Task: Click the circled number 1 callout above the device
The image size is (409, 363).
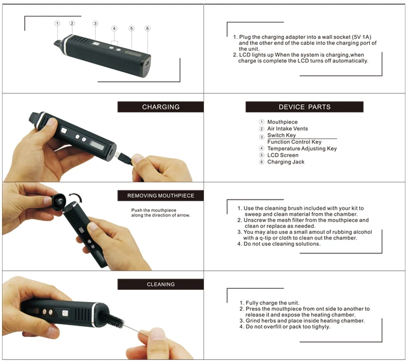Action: click(x=57, y=24)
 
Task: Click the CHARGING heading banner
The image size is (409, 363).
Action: click(x=161, y=107)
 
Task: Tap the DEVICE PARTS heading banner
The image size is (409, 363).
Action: click(x=304, y=107)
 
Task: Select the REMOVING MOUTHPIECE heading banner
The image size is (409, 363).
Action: click(x=161, y=196)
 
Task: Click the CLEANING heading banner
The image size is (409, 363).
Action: click(x=161, y=284)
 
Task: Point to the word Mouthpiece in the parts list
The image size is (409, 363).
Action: click(x=282, y=122)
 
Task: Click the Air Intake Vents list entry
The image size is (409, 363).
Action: click(x=287, y=129)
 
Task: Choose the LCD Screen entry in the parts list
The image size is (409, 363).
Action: click(x=283, y=155)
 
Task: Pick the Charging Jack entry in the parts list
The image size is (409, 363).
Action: click(x=286, y=162)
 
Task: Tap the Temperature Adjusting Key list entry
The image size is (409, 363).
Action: click(x=302, y=148)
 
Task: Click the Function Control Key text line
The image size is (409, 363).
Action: click(x=294, y=142)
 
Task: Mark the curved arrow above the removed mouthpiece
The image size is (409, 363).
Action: click(x=76, y=198)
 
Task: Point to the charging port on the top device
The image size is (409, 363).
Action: click(x=147, y=63)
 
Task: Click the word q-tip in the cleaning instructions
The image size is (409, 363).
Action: click(x=265, y=238)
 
